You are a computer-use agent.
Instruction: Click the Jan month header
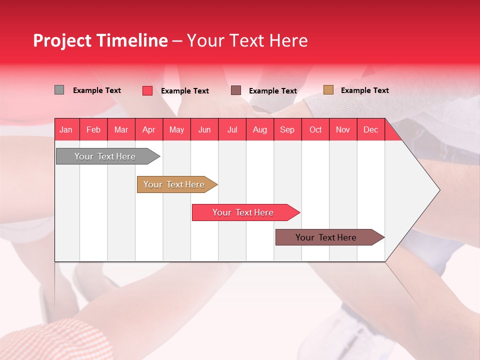(66, 130)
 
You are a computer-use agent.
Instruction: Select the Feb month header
(93, 130)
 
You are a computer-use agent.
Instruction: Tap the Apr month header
(148, 130)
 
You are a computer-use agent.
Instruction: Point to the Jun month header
(204, 130)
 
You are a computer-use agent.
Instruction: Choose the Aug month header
(259, 130)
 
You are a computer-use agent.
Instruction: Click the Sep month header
(287, 130)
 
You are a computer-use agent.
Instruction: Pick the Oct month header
(315, 130)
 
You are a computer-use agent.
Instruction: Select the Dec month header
(370, 130)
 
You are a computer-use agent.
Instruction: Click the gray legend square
(59, 90)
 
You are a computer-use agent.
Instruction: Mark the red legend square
(147, 90)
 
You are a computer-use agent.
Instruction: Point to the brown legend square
(236, 90)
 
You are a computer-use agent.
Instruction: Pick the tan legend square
(328, 90)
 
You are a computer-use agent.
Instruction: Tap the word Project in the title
(61, 40)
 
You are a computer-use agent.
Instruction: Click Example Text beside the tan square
(364, 90)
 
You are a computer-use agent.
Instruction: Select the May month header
(176, 130)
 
